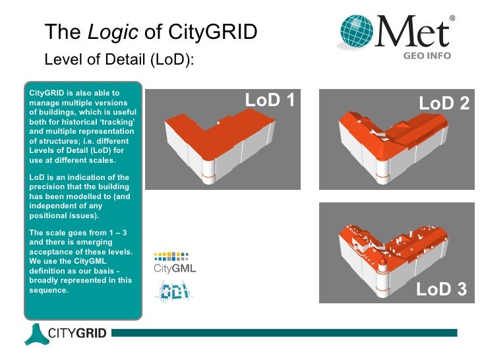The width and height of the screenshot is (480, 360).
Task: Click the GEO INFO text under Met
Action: click(x=427, y=56)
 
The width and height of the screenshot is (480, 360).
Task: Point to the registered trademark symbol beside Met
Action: click(x=452, y=18)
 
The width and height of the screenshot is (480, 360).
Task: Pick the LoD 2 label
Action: click(x=444, y=104)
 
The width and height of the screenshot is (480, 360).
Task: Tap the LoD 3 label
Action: click(x=441, y=289)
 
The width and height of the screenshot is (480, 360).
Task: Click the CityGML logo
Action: click(x=174, y=262)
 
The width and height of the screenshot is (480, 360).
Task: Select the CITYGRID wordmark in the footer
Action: click(x=77, y=334)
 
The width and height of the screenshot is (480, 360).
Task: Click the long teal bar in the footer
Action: click(x=290, y=334)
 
